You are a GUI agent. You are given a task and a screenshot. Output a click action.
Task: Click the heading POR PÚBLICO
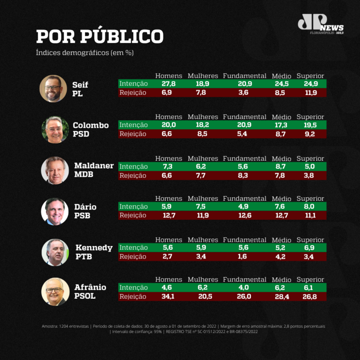click(100, 36)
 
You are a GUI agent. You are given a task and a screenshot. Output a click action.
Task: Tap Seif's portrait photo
click(53, 88)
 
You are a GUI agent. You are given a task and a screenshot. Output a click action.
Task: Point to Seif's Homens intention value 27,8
click(168, 84)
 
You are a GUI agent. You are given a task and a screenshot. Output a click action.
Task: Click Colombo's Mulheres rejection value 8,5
click(202, 134)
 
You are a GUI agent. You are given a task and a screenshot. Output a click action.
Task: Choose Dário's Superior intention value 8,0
click(309, 207)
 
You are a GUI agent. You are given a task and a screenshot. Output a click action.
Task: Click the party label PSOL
click(85, 296)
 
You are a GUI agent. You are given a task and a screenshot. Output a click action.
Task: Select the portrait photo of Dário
click(55, 211)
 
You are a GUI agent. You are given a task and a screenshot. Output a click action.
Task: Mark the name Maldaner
click(94, 166)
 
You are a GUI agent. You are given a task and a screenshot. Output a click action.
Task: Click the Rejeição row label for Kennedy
click(133, 257)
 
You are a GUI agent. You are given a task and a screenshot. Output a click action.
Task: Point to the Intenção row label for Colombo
click(134, 125)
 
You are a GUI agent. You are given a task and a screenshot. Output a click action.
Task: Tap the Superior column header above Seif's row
click(310, 76)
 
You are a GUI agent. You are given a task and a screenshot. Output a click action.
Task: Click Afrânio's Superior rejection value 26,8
click(309, 296)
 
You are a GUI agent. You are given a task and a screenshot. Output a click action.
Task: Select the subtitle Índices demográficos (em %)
click(85, 53)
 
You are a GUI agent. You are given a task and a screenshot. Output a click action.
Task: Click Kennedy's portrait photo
click(55, 252)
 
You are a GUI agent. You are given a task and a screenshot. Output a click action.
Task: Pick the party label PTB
click(84, 256)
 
